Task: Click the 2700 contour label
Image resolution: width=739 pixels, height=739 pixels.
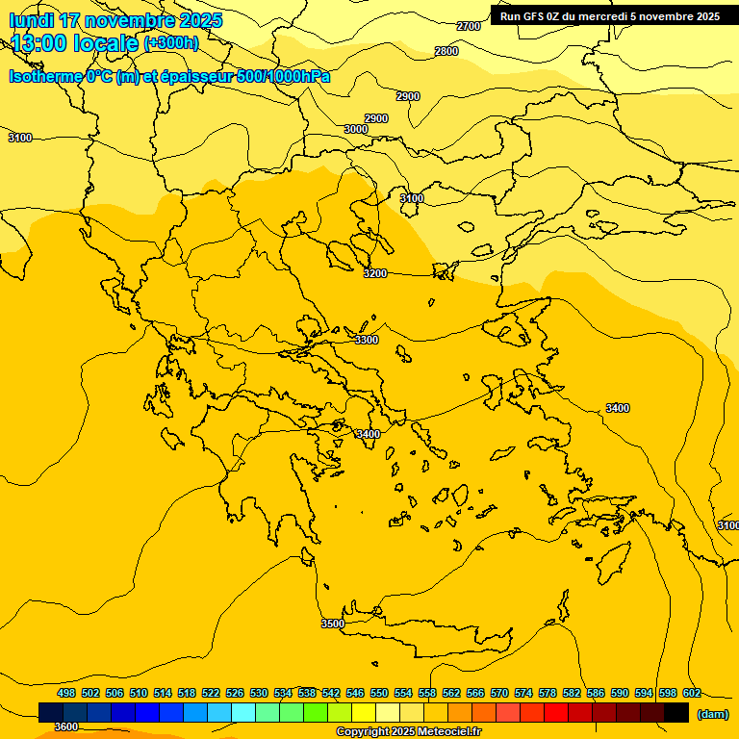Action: [x=468, y=26]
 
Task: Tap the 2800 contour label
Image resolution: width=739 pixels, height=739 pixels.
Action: [x=446, y=51]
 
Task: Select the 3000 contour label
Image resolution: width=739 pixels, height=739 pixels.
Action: [x=356, y=129]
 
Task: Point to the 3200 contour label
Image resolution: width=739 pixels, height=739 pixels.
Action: [x=375, y=273]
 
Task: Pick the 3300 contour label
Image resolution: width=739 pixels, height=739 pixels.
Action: [x=367, y=340]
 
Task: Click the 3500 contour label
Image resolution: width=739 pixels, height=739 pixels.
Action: [x=332, y=624]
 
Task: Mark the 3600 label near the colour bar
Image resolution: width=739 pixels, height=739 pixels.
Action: [x=65, y=726]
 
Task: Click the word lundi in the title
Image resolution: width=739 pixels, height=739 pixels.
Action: [x=31, y=20]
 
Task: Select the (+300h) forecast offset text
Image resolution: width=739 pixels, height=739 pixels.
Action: [x=171, y=43]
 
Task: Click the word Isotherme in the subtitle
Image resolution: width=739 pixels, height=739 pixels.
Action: [x=45, y=76]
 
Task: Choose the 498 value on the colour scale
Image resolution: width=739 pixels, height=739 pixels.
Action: [x=66, y=693]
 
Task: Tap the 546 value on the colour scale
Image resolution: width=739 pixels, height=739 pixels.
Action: [x=355, y=693]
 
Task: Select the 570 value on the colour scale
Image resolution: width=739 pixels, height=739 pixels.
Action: [x=499, y=693]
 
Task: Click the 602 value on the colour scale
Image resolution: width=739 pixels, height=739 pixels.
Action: [x=692, y=693]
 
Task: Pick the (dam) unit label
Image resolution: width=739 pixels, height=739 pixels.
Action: [x=713, y=713]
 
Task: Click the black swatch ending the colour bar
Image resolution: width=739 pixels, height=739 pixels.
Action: [x=676, y=712]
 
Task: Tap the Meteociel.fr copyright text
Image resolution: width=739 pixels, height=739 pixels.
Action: [x=408, y=732]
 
